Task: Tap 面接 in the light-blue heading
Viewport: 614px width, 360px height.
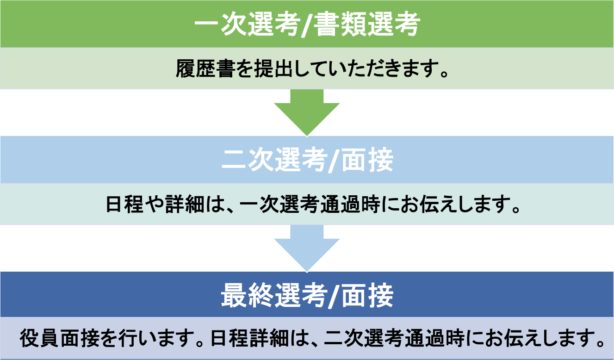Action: [367, 160]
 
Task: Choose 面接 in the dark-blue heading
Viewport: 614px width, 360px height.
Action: [367, 295]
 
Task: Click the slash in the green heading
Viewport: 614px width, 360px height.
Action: [306, 25]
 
